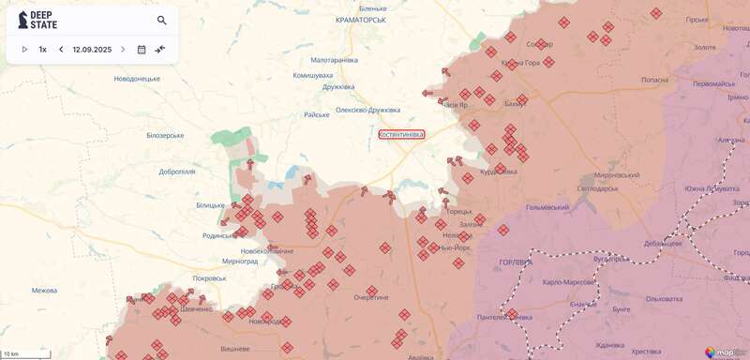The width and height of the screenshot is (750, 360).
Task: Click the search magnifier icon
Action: coord(162,20)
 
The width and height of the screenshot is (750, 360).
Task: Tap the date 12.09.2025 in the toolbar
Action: coord(92,49)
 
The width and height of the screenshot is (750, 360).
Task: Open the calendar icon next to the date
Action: coord(142,49)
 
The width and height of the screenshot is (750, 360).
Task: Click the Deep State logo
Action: coord(38,20)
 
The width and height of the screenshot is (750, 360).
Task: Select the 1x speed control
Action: coord(43,49)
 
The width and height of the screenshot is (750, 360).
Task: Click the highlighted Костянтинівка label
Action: coord(401,134)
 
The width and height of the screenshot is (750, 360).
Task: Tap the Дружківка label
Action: coord(337,87)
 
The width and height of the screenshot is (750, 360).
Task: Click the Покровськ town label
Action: coord(208,277)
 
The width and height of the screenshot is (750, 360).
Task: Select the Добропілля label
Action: coord(177,172)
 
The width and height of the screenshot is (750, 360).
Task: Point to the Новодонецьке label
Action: coord(137,79)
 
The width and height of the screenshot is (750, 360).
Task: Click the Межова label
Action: coord(44,290)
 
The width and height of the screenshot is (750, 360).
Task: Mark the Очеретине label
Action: coord(370,297)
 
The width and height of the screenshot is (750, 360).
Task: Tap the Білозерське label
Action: coord(165,135)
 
